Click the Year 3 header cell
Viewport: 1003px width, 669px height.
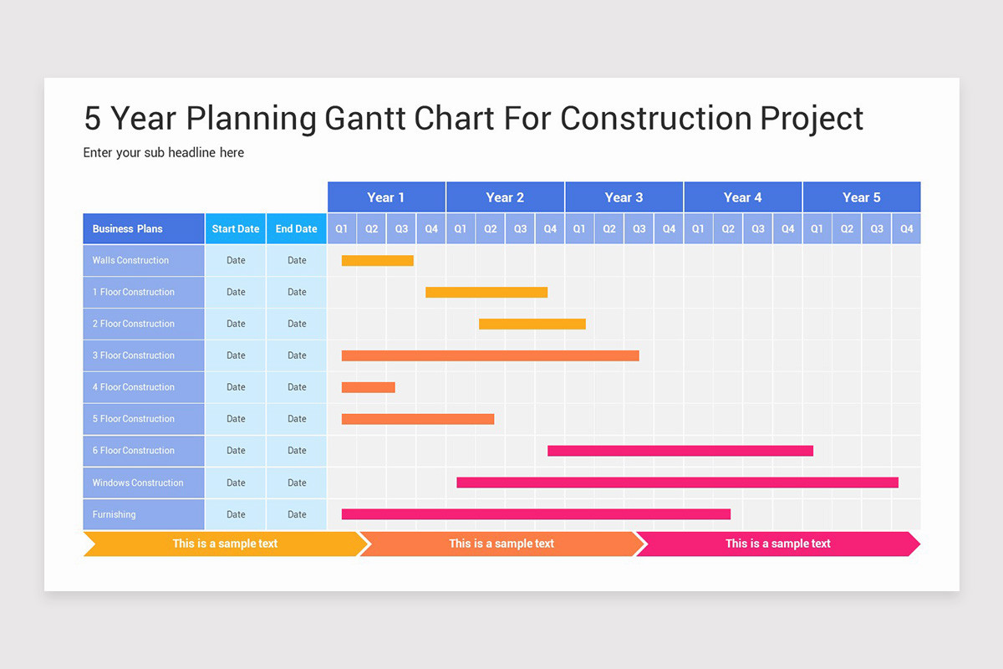tap(624, 197)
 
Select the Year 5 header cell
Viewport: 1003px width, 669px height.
tap(862, 197)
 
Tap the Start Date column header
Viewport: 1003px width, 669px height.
tap(236, 229)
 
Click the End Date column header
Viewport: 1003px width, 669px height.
tap(297, 229)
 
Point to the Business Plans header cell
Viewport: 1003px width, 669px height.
tap(144, 229)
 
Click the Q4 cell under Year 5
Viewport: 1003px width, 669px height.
tap(906, 229)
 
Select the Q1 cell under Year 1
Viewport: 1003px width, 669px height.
tap(342, 229)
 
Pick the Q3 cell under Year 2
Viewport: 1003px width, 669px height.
tap(520, 229)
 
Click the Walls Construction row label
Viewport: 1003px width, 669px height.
tap(144, 260)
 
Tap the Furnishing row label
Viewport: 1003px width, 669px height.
tap(144, 514)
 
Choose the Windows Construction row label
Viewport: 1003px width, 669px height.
tap(144, 483)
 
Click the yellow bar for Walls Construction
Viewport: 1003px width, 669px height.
tap(378, 260)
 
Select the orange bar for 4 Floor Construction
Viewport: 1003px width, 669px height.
tap(368, 387)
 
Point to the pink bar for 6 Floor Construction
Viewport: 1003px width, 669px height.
tap(680, 451)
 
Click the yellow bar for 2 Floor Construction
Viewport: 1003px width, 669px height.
tap(532, 324)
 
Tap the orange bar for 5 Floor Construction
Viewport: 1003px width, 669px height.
tap(418, 419)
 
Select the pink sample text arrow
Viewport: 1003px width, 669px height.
tap(778, 544)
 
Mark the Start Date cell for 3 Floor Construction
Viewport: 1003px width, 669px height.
tap(236, 355)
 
